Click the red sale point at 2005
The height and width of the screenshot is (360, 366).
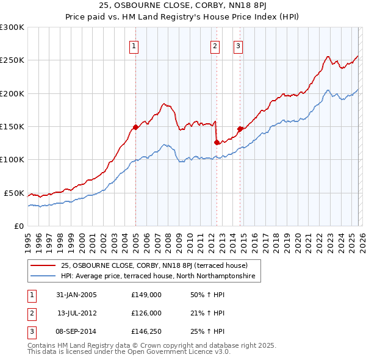pos(135,127)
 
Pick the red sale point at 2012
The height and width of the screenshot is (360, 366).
pos(217,142)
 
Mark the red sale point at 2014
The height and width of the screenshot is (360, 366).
pos(240,129)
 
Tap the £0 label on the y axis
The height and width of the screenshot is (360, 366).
pos(18,226)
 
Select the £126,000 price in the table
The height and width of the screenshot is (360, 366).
pos(146,313)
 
